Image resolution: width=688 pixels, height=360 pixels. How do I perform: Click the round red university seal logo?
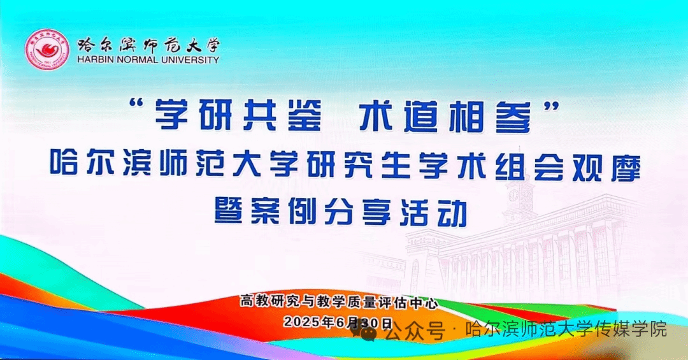click(x=47, y=48)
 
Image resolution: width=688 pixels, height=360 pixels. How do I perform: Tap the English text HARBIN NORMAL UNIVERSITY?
click(x=148, y=60)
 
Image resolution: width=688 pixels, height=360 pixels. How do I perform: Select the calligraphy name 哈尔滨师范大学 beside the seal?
click(x=148, y=45)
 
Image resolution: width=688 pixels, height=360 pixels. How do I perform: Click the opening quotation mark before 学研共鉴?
click(x=139, y=105)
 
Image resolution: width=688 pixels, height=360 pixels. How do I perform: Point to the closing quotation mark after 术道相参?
click(x=550, y=105)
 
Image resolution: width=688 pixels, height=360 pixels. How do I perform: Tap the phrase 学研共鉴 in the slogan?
click(x=238, y=115)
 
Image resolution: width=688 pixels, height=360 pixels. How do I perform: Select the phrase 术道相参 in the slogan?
click(x=446, y=115)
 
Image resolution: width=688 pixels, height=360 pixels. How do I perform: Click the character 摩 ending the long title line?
click(x=624, y=167)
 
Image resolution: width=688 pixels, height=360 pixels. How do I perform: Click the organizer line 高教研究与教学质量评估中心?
click(x=339, y=303)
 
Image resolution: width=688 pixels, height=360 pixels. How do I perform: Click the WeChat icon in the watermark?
click(x=364, y=329)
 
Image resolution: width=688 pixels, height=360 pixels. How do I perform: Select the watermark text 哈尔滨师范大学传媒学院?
click(x=566, y=329)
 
